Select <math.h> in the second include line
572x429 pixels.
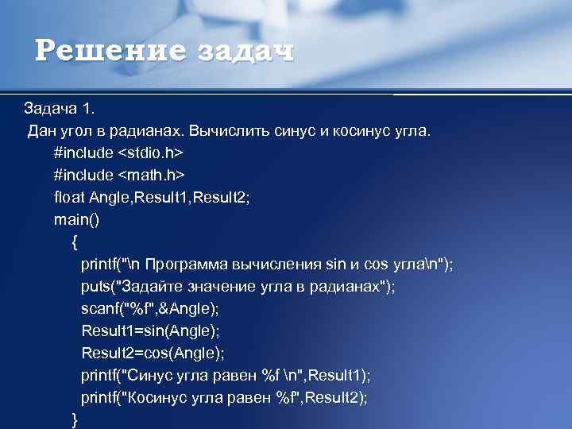150,174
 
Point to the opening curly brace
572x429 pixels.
75,241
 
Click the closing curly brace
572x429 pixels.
75,419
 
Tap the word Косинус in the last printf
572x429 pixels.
167,396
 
